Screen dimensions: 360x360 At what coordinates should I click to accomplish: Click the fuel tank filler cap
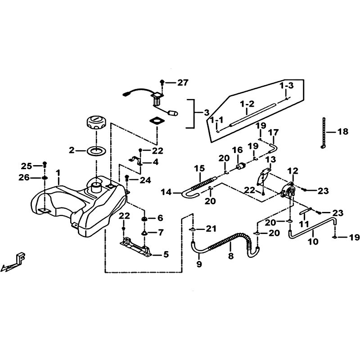tap(96, 123)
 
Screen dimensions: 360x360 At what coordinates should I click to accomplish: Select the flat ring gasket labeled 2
tap(96, 151)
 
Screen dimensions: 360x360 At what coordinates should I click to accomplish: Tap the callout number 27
tap(183, 82)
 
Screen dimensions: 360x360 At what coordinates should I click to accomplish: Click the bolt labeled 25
tap(45, 165)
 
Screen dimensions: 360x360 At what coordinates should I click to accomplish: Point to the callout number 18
tap(343, 132)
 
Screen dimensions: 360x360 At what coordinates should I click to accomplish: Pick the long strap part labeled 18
tap(324, 133)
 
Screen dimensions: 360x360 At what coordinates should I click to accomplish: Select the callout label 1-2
tap(247, 104)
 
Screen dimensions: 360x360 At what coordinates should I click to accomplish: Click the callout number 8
tap(231, 256)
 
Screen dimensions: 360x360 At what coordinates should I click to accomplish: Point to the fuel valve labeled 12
tap(288, 190)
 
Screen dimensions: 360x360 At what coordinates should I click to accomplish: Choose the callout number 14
tap(166, 192)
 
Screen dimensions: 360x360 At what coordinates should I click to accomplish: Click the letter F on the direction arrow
tap(21, 256)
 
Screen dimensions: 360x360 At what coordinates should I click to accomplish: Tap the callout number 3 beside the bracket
tap(207, 113)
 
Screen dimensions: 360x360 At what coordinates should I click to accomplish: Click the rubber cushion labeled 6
tap(144, 219)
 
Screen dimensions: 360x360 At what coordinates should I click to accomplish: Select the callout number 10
tap(313, 242)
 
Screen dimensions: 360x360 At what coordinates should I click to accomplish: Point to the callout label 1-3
tap(286, 86)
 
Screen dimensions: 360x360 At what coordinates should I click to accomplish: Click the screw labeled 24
tap(126, 177)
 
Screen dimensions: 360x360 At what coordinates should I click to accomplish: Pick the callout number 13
tap(271, 159)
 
